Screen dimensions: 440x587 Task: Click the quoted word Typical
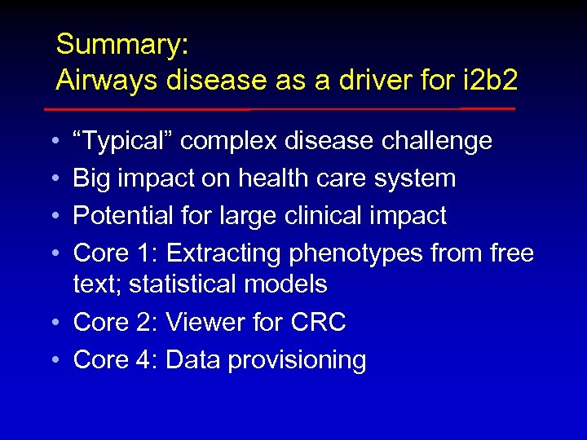[122, 142]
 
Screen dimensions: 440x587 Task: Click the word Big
[91, 178]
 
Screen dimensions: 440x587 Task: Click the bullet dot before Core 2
[51, 323]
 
